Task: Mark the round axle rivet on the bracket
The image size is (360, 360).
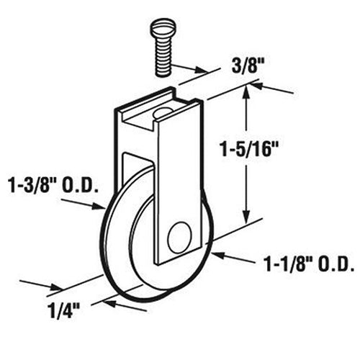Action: (x=179, y=236)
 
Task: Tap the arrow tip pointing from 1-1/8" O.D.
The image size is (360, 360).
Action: (x=213, y=253)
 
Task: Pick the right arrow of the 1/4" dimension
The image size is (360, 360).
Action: (x=109, y=302)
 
